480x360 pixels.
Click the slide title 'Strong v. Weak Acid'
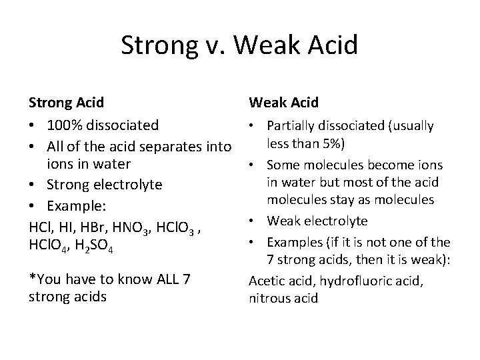pyautogui.click(x=240, y=45)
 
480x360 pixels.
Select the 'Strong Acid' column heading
pyautogui.click(x=67, y=103)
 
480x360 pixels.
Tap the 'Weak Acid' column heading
pyautogui.click(x=284, y=103)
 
